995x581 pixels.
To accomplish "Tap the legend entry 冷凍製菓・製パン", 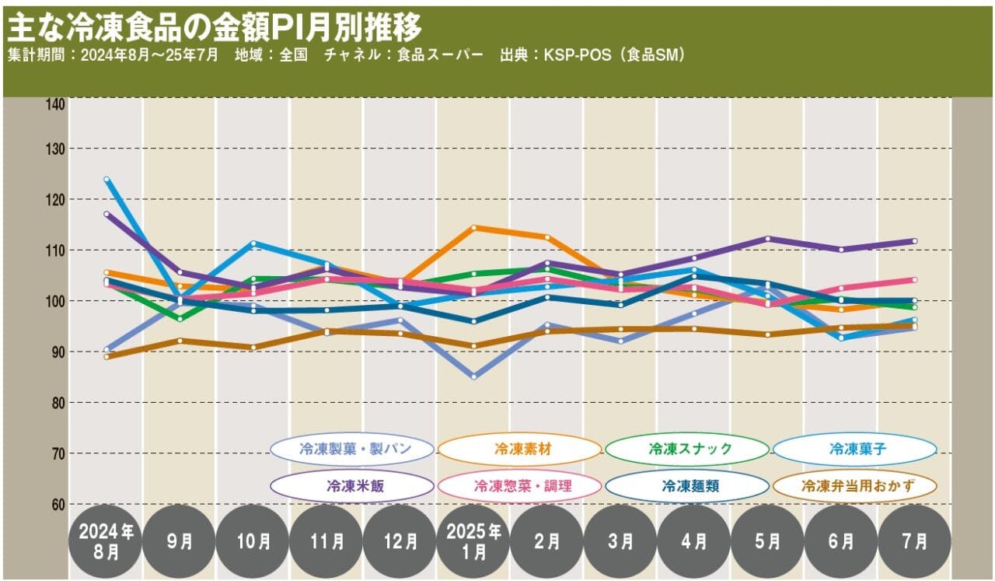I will click(x=352, y=449).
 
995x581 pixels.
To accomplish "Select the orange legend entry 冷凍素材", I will click(x=519, y=449).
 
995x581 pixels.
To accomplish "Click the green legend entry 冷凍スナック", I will click(x=687, y=449).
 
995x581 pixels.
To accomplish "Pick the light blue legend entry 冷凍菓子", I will click(x=854, y=449).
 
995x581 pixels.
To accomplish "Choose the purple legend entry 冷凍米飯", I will click(x=352, y=486).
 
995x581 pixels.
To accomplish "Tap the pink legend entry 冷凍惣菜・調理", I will click(x=519, y=486).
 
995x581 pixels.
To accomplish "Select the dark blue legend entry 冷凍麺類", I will click(x=687, y=486).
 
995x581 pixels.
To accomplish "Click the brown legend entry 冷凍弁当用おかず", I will click(x=854, y=486).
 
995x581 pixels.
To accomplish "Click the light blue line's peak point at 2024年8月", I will click(x=106, y=180).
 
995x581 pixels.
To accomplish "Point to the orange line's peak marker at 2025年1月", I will click(x=473, y=228).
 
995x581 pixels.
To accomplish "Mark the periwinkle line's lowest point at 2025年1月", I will click(x=473, y=377).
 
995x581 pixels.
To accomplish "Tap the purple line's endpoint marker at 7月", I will click(x=914, y=241).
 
